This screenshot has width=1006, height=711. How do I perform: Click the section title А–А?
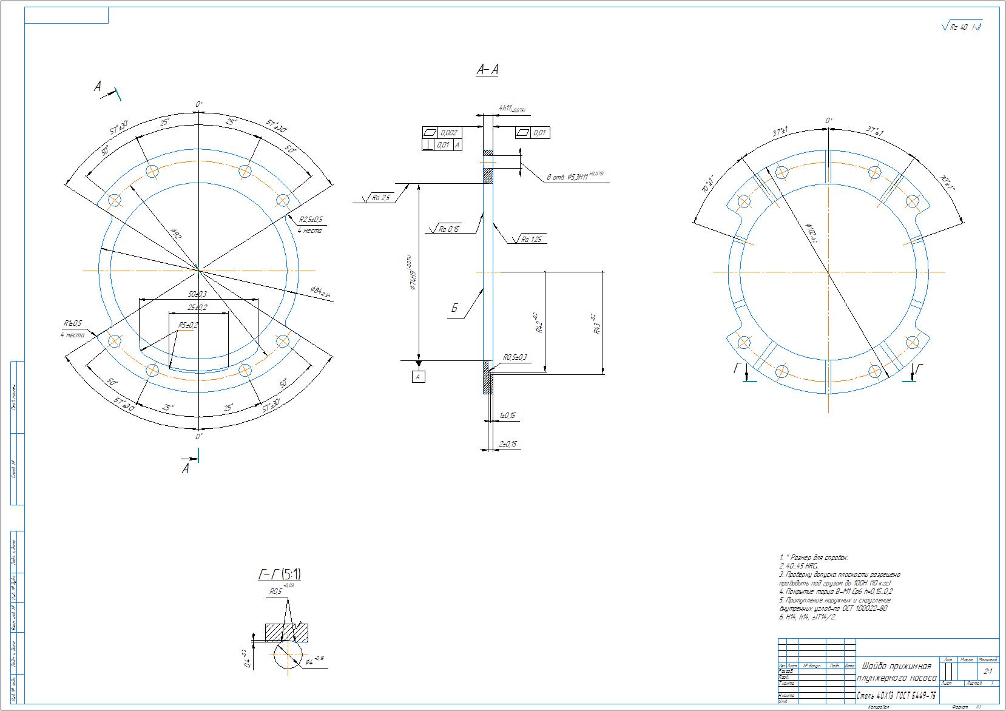pos(487,70)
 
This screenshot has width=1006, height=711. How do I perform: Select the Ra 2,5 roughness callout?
pos(381,198)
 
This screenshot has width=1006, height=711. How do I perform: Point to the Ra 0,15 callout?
pos(448,229)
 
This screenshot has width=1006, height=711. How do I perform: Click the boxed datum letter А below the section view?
pos(418,377)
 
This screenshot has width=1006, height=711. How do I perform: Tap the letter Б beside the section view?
pos(454,308)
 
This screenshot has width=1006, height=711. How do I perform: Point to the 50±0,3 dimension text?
pos(198,294)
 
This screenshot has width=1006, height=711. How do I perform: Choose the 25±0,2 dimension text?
pos(198,308)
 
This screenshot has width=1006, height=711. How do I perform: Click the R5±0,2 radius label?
pos(188,325)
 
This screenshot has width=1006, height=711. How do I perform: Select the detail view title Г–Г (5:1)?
pos(280,574)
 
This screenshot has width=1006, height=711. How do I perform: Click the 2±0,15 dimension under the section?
pos(507,445)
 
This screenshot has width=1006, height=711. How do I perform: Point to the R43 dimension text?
pos(597,325)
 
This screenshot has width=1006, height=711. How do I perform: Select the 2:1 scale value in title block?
pos(987,672)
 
